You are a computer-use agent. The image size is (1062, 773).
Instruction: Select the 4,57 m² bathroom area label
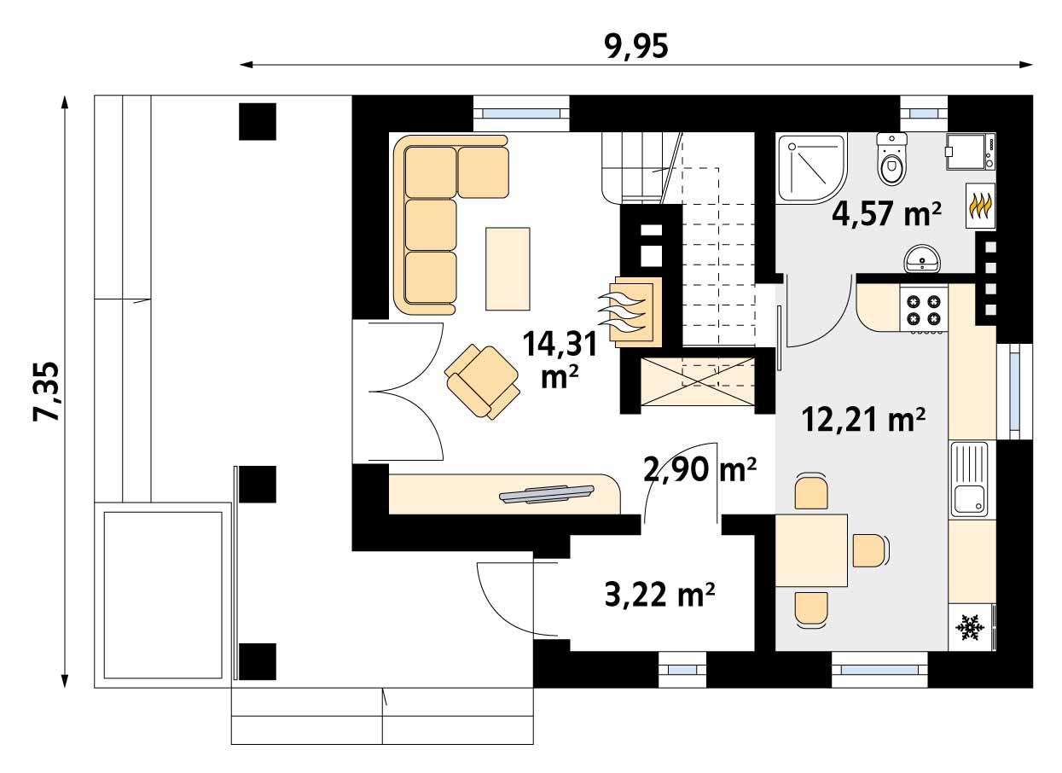point(886,214)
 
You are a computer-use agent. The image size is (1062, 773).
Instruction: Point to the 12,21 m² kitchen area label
point(863,419)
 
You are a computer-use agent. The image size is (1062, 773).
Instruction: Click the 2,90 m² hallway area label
point(700,469)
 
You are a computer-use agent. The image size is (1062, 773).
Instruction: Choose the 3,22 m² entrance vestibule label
point(659,594)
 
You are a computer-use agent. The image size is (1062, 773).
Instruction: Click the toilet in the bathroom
point(892,160)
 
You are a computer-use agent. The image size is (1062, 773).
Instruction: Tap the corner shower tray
point(806,166)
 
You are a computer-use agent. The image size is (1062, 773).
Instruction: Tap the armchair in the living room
point(483,381)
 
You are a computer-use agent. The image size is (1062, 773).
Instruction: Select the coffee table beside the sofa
point(508,268)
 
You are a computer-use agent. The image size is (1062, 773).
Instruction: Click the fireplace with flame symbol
point(631,311)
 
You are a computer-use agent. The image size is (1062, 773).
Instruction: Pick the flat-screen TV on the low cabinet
point(546,494)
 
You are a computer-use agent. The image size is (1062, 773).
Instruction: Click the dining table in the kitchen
point(811,550)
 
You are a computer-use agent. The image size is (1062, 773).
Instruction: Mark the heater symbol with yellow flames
point(979,206)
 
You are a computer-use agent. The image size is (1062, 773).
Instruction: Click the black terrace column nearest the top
point(258,121)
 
